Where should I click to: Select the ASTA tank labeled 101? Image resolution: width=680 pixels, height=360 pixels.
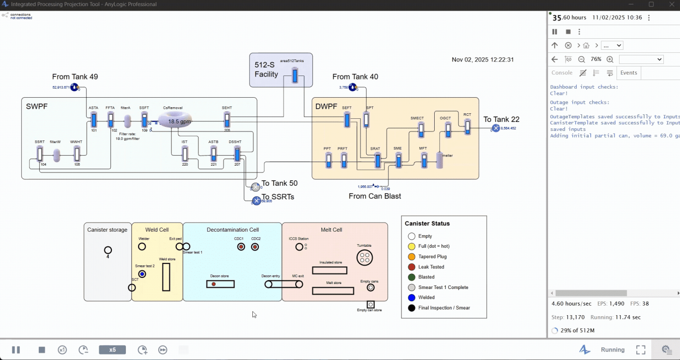tap(94, 120)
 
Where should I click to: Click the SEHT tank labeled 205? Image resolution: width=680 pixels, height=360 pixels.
tap(227, 120)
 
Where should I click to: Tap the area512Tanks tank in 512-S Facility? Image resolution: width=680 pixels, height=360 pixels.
tap(295, 75)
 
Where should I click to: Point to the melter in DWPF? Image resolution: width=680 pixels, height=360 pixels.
tap(440, 160)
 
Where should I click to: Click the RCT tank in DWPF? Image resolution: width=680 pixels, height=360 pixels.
tap(467, 126)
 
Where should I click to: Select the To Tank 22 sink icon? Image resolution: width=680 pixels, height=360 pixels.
tap(496, 128)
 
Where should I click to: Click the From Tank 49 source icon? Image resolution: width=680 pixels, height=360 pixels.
tap(75, 87)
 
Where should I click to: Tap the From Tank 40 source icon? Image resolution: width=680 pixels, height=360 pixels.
tap(353, 87)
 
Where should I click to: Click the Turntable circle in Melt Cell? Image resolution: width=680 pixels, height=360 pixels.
tap(364, 258)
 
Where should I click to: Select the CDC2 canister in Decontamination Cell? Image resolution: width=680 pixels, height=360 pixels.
tap(255, 247)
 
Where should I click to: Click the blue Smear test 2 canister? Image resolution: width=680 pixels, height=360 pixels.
tap(142, 274)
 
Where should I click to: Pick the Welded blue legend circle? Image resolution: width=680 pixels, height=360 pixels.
tap(412, 298)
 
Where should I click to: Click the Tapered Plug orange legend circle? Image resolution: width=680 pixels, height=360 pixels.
tap(412, 256)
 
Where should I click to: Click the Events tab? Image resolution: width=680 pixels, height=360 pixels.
tap(629, 73)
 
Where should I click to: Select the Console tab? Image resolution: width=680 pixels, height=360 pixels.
tap(562, 73)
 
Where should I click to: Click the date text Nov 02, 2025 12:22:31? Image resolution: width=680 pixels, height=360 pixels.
tap(483, 59)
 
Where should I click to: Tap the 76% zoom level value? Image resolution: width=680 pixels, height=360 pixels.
tap(596, 59)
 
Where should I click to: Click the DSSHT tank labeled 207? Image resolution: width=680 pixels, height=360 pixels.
tap(237, 154)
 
